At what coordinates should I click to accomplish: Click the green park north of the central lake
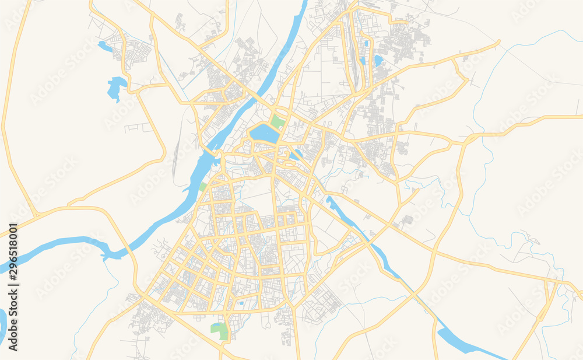tap(278, 123)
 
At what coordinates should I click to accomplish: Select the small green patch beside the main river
tap(203, 187)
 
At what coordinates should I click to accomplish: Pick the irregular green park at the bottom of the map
tap(220, 331)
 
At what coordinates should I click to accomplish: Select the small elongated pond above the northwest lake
tap(105, 46)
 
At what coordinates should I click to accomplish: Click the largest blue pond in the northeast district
tap(378, 61)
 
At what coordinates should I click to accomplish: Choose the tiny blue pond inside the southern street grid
tap(241, 303)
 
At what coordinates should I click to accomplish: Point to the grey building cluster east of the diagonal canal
tap(406, 220)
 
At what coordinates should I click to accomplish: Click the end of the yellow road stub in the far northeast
tap(499, 41)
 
